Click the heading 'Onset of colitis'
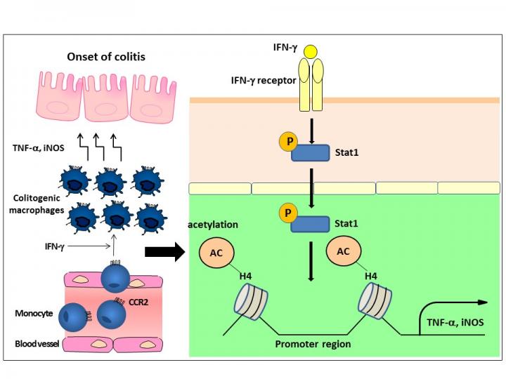(107, 57)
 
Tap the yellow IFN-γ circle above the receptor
(311, 52)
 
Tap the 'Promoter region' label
(313, 345)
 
